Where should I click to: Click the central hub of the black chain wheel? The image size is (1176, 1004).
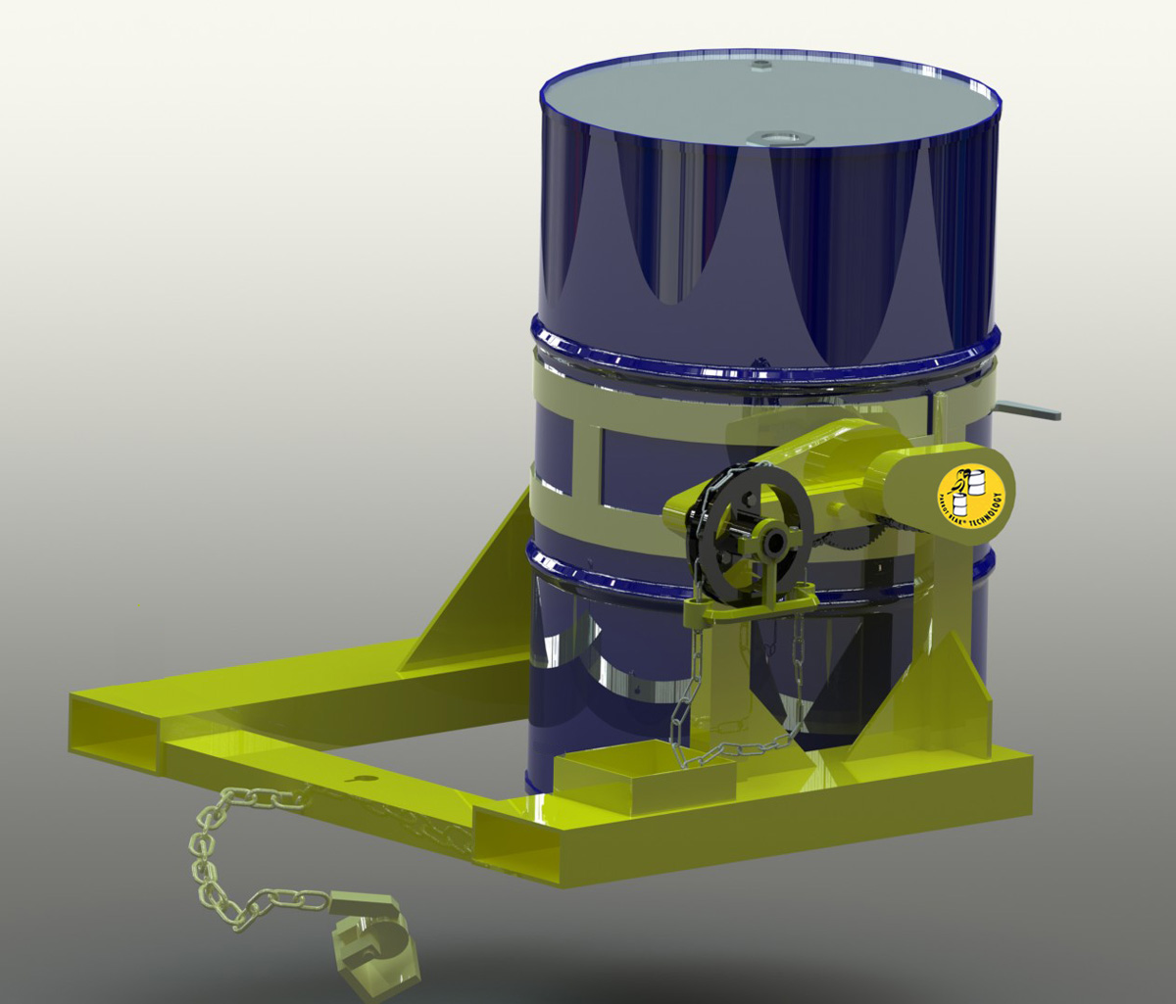pos(774,540)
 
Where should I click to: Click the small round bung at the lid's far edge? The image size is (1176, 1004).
pos(761,66)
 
